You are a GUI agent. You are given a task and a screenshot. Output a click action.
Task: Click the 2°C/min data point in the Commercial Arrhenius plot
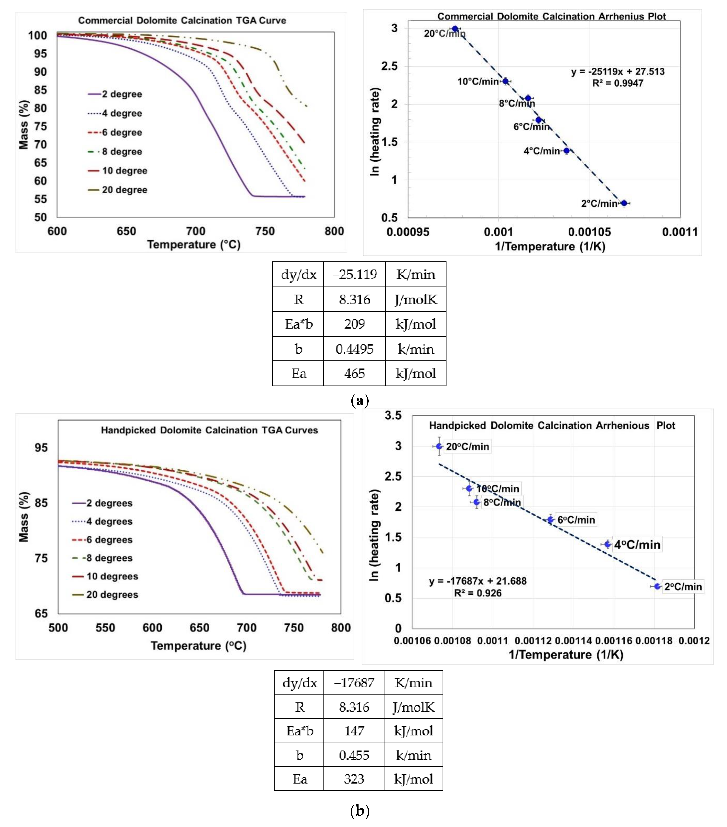(x=624, y=203)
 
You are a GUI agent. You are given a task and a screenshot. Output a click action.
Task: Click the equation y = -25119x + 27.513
(x=618, y=72)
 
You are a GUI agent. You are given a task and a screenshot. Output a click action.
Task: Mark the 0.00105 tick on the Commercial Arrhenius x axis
(x=589, y=232)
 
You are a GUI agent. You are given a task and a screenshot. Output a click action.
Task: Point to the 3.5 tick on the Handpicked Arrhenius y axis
(x=393, y=416)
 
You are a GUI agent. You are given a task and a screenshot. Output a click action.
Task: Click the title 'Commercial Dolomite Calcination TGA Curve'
(x=182, y=21)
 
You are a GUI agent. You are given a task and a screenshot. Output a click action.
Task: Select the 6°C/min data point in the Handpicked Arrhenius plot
(x=550, y=519)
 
